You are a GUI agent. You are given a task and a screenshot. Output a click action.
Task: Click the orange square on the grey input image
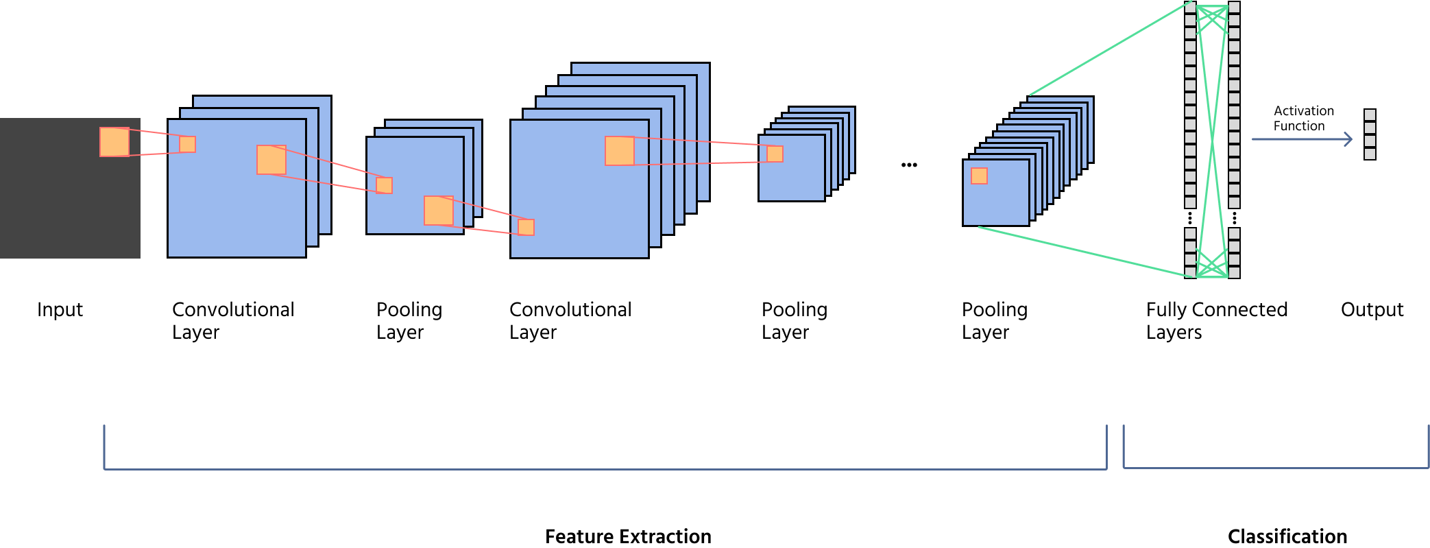pyautogui.click(x=114, y=142)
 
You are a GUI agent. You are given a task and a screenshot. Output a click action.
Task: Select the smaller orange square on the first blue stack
pyautogui.click(x=187, y=144)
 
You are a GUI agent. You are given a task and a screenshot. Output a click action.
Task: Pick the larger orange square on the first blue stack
pyautogui.click(x=271, y=160)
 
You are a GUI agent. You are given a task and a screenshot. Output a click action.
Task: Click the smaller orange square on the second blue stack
pyautogui.click(x=384, y=185)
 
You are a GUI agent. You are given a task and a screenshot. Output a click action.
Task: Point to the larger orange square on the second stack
pyautogui.click(x=439, y=211)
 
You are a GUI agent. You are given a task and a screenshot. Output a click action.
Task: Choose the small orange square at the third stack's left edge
pyautogui.click(x=526, y=227)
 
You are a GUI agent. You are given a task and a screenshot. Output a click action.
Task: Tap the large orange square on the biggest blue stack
pyautogui.click(x=620, y=151)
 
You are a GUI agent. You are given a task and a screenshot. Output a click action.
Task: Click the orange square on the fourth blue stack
pyautogui.click(x=775, y=154)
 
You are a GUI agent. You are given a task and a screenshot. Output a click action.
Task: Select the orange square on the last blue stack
pyautogui.click(x=979, y=176)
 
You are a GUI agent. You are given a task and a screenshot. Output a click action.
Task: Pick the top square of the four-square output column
pyautogui.click(x=1370, y=115)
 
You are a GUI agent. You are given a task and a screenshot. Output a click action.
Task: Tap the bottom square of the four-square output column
pyautogui.click(x=1370, y=154)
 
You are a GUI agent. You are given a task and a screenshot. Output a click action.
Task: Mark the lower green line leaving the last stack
pyautogui.click(x=1083, y=252)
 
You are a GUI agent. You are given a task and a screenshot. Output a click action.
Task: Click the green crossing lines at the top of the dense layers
pyautogui.click(x=1212, y=19)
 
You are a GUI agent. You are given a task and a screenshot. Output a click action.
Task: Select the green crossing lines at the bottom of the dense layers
pyautogui.click(x=1212, y=264)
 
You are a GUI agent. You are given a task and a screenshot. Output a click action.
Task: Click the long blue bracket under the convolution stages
pyautogui.click(x=603, y=469)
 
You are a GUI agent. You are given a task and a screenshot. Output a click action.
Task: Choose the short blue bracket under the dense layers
pyautogui.click(x=1275, y=468)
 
